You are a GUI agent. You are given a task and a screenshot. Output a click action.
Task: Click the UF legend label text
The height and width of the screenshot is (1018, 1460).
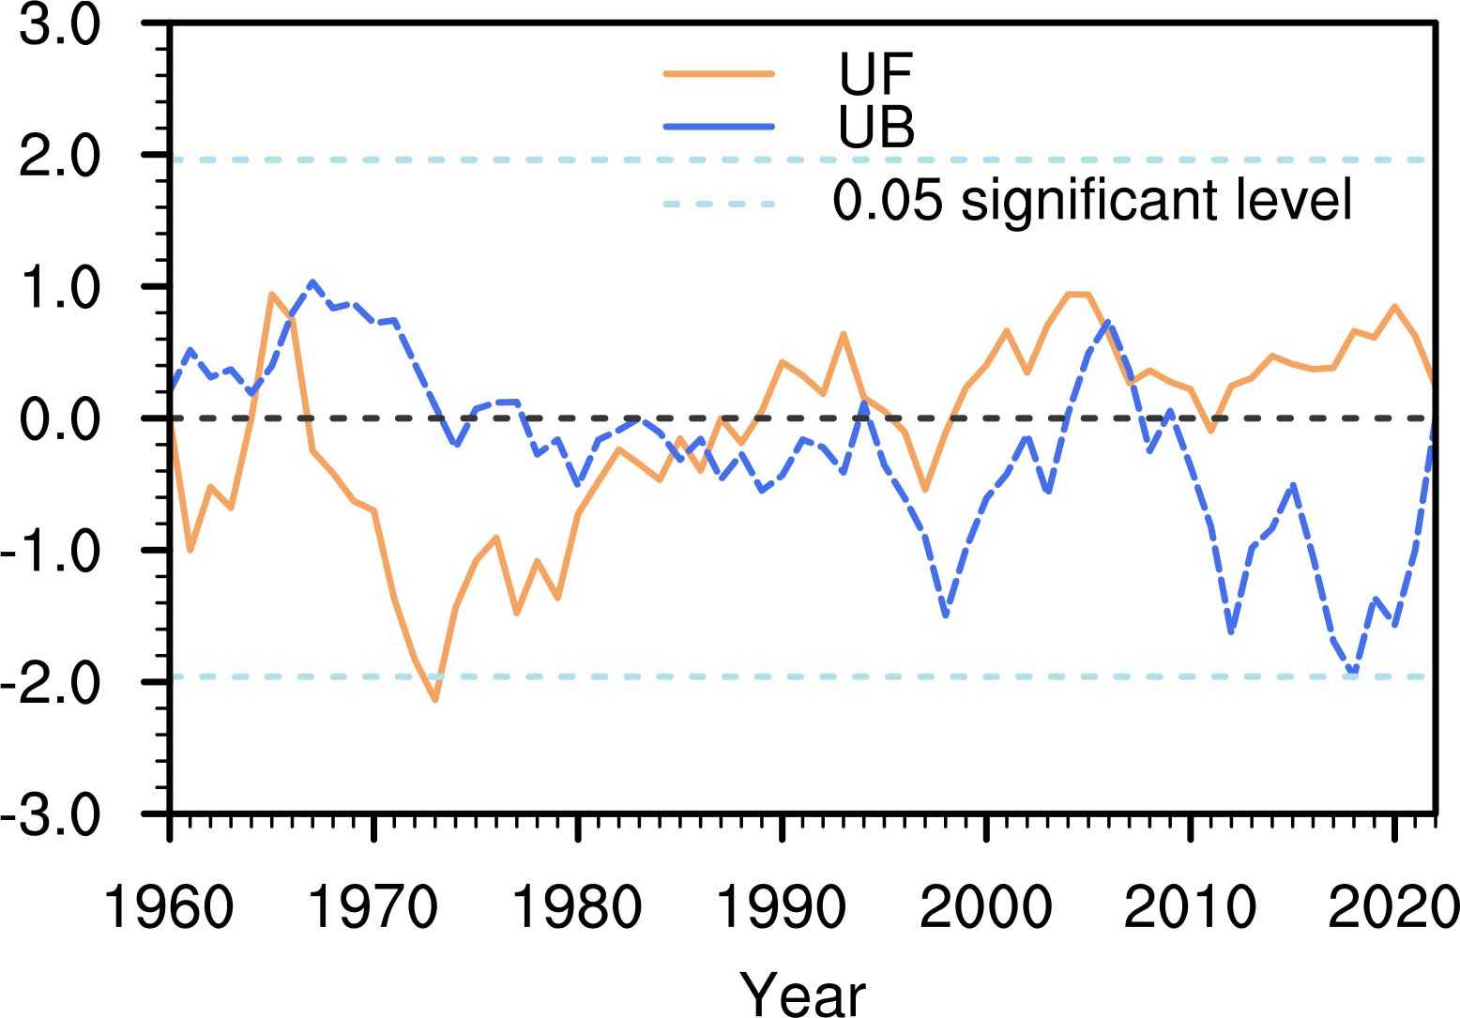(x=876, y=74)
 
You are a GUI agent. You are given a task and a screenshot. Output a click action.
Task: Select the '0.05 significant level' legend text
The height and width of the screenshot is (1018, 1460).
(x=1093, y=201)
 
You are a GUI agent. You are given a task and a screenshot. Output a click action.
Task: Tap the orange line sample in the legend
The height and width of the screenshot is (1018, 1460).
(x=719, y=74)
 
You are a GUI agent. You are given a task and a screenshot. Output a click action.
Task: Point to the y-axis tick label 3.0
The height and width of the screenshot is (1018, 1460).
(x=59, y=25)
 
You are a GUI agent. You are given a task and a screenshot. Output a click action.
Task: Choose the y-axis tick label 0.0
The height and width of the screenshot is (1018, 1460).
(x=59, y=418)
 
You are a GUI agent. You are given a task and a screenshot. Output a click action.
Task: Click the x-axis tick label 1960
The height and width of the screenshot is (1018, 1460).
(x=169, y=907)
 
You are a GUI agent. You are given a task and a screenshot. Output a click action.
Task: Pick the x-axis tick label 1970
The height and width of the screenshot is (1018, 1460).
(x=373, y=907)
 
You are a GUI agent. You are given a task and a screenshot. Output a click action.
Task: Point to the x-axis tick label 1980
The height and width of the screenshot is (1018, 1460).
(x=578, y=907)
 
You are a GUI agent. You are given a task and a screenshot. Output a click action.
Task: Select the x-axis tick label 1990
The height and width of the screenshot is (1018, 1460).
(x=782, y=907)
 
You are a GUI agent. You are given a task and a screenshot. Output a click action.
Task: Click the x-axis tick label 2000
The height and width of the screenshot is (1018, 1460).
(x=986, y=907)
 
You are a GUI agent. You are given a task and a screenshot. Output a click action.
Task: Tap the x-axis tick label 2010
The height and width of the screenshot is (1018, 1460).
(x=1190, y=907)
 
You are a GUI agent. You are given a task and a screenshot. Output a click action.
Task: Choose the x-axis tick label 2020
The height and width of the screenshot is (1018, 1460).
(x=1392, y=907)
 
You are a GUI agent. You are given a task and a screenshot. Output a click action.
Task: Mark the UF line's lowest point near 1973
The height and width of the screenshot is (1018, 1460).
(x=435, y=699)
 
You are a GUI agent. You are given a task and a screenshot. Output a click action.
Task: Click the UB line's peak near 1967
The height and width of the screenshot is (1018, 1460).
(x=312, y=281)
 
